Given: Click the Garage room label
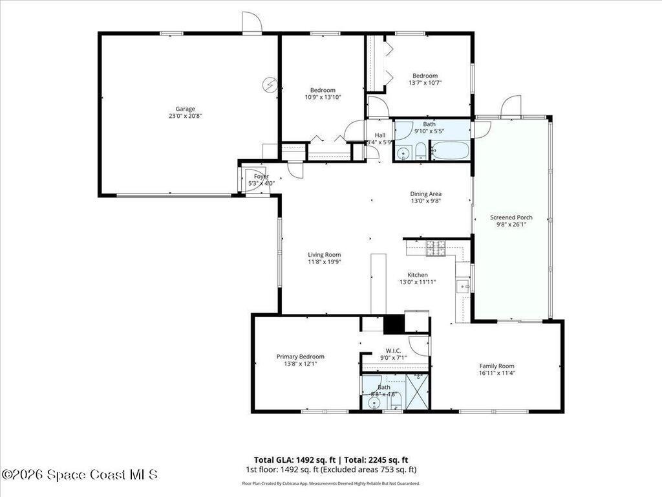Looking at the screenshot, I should coord(186,109).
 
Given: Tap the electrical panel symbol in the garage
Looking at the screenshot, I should coord(270,84).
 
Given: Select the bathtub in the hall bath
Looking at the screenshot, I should coord(450,150).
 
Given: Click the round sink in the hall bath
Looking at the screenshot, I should coord(403,153).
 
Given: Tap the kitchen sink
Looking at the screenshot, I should coord(462,285).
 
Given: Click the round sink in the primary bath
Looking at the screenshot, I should coord(373,403).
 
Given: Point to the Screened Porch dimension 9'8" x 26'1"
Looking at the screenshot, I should coord(511,225).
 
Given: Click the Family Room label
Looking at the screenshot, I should coord(496,366).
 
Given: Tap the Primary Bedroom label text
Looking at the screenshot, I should coord(300,357).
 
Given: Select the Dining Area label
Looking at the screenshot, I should coord(426,193).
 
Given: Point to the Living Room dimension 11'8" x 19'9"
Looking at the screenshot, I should coord(324,262).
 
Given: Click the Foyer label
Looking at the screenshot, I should coord(261,176).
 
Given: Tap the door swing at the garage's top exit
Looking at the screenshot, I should coord(251,22).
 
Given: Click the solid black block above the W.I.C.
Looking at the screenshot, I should coord(393,324).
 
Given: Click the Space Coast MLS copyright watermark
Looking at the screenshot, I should coord(80,474).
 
